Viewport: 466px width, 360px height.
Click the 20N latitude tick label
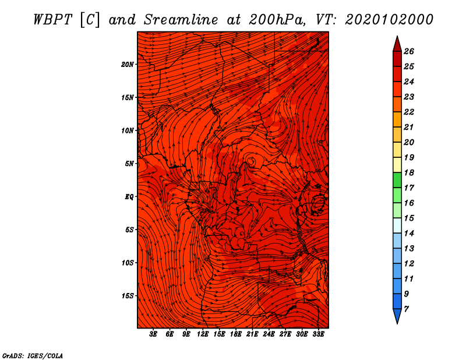pyautogui.click(x=127, y=65)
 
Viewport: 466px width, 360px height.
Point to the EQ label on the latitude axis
pyautogui.click(x=129, y=197)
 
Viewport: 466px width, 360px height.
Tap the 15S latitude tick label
pyautogui.click(x=128, y=296)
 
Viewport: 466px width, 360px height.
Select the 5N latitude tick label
pyautogui.click(x=129, y=164)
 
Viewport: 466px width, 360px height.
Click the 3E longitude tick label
pyautogui.click(x=153, y=334)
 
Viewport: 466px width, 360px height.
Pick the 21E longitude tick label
pyautogui.click(x=252, y=334)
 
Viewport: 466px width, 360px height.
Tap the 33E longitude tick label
pyautogui.click(x=318, y=334)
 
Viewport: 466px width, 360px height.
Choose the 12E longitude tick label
pyautogui.click(x=203, y=334)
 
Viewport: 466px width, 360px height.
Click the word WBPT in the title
pyautogui.click(x=52, y=20)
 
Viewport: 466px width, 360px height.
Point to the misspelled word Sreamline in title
pyautogui.click(x=181, y=20)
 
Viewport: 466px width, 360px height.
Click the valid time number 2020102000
pyautogui.click(x=389, y=20)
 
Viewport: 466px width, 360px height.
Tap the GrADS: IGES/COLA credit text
pyautogui.click(x=33, y=356)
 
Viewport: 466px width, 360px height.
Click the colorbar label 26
pyautogui.click(x=409, y=51)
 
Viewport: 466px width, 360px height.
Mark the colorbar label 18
pyautogui.click(x=409, y=172)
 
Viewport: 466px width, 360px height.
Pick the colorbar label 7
pyautogui.click(x=406, y=309)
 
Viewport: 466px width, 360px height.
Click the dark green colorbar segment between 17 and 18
pyautogui.click(x=397, y=180)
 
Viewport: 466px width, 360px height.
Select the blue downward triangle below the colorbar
pyautogui.click(x=397, y=316)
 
